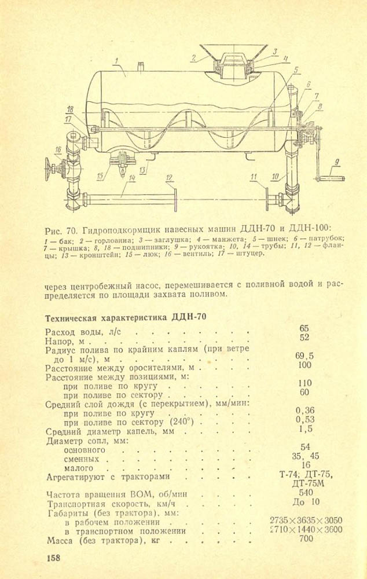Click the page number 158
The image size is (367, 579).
tap(53, 558)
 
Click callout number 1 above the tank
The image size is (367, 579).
tap(116, 60)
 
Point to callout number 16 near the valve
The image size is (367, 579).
tap(58, 149)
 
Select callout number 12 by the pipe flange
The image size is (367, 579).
tap(168, 178)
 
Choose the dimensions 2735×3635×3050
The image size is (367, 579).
tap(306, 520)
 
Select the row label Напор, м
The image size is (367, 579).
tap(65, 342)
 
